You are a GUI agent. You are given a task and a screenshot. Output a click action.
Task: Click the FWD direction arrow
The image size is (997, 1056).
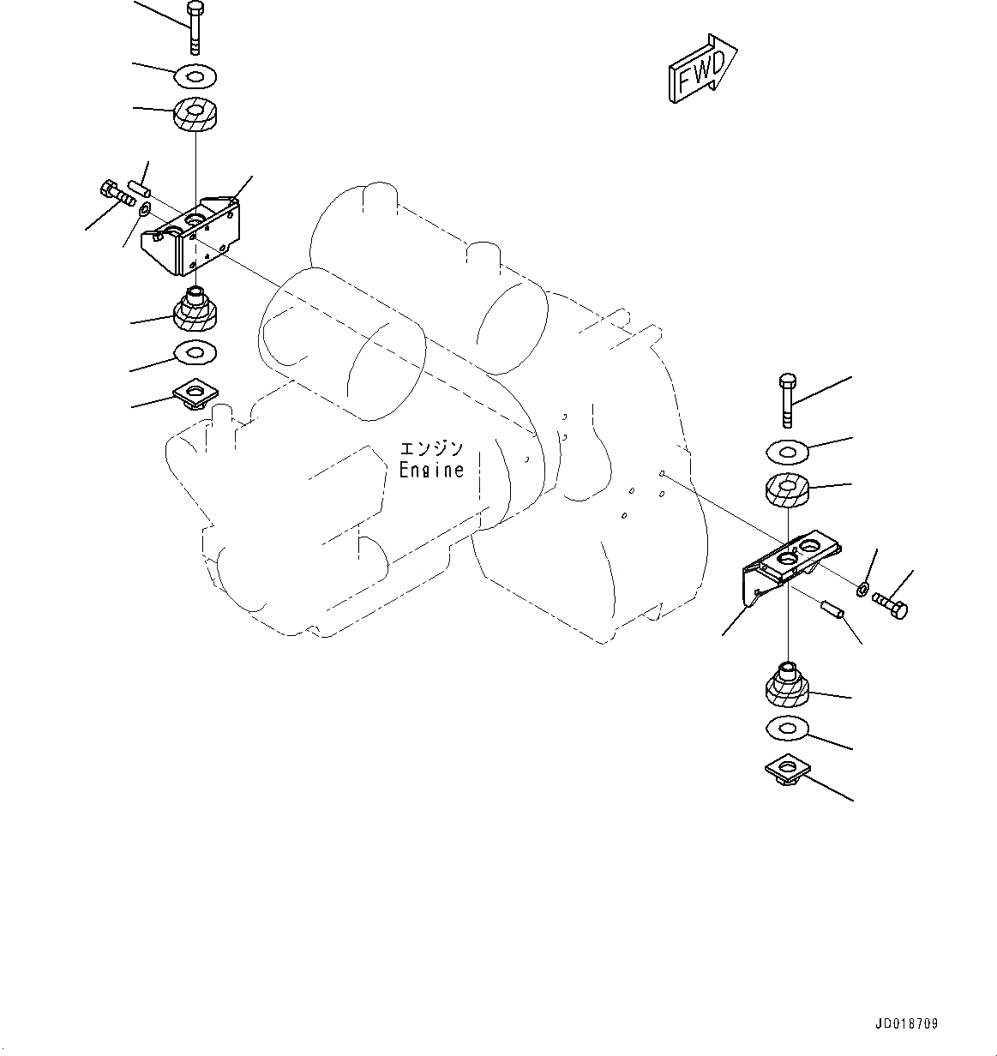click(x=701, y=71)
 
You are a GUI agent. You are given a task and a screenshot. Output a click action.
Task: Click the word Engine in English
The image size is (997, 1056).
click(x=431, y=471)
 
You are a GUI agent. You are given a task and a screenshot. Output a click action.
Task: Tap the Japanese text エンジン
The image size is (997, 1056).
click(x=431, y=448)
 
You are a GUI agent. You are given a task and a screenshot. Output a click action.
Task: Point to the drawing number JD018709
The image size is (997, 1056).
click(x=907, y=1023)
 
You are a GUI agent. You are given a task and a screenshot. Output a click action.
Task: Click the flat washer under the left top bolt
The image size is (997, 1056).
click(x=195, y=76)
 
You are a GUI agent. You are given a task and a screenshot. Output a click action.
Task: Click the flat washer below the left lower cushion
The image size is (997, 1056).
click(x=195, y=351)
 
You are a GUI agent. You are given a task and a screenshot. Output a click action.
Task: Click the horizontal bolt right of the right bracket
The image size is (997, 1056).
click(x=892, y=605)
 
